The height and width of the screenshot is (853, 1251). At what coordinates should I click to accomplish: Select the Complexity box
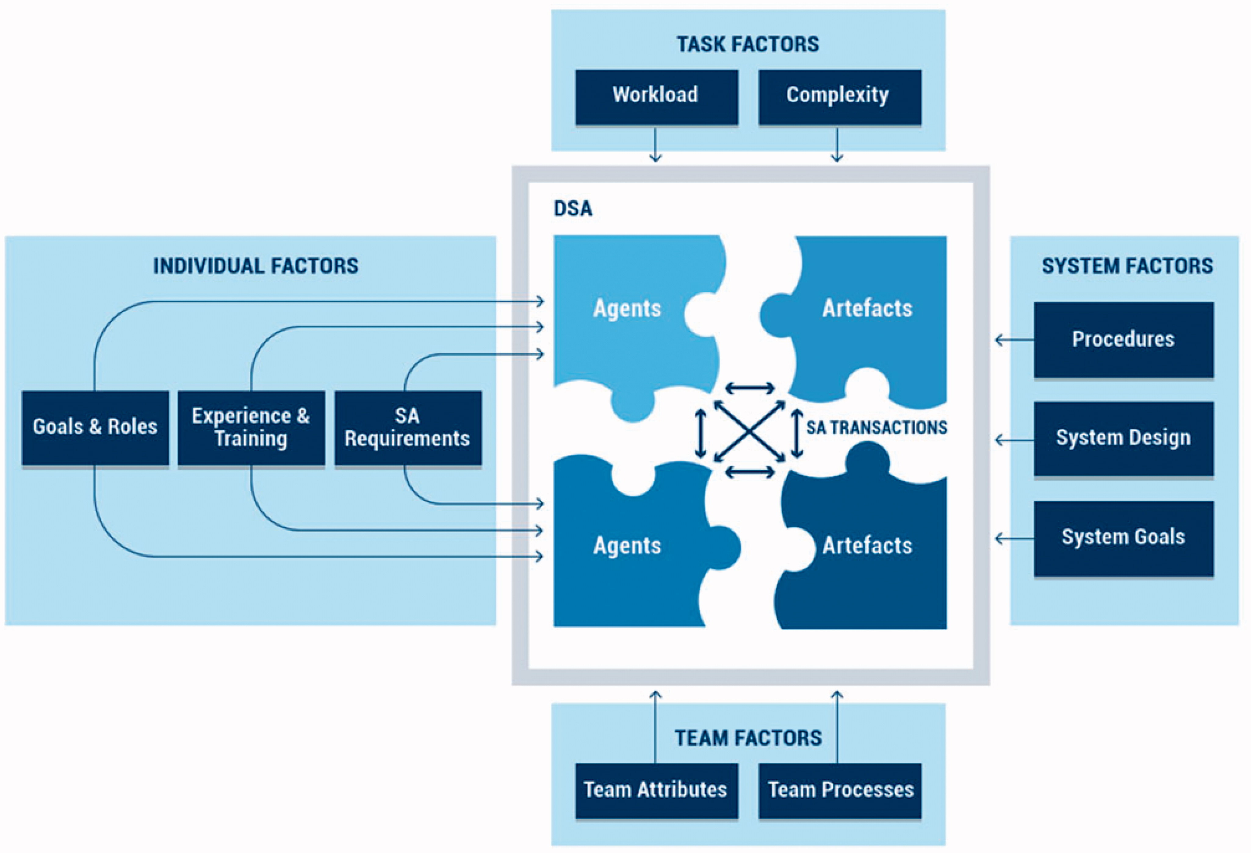[839, 97]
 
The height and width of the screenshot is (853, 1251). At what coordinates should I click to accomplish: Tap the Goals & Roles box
[95, 427]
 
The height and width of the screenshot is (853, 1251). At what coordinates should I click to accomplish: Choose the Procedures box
[1123, 340]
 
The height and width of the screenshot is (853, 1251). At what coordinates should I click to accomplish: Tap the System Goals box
[1123, 538]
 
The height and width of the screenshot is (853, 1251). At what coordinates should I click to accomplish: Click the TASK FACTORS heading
[748, 44]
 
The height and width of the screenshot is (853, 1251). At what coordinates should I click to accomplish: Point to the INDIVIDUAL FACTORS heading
[256, 266]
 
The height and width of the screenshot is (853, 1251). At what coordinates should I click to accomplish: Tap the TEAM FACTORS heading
[748, 738]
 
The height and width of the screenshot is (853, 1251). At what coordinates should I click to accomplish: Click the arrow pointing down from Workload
[655, 144]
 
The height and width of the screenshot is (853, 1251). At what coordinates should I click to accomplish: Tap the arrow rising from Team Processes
[837, 726]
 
